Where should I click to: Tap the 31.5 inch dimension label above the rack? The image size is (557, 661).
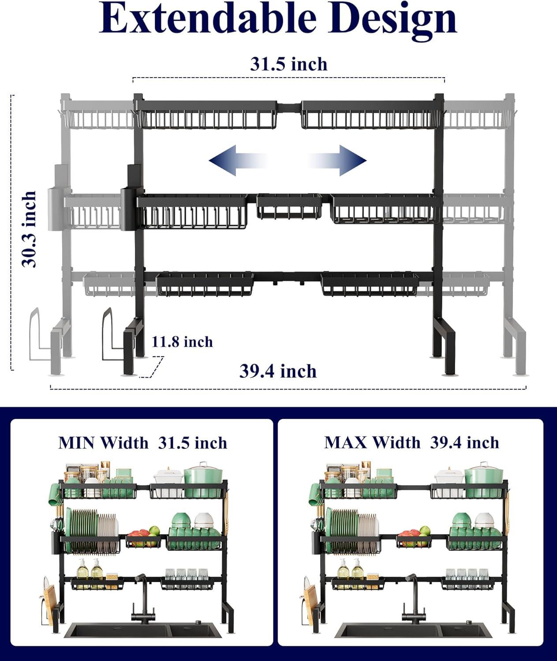tap(289, 64)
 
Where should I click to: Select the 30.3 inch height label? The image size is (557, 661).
tap(30, 229)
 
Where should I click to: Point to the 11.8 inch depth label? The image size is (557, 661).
tap(182, 342)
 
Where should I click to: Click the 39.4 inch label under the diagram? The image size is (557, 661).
tap(278, 371)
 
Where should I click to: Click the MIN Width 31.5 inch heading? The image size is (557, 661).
tap(142, 442)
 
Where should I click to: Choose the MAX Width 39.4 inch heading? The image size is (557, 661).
tap(411, 442)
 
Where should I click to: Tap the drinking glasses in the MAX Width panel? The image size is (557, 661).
tap(467, 575)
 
